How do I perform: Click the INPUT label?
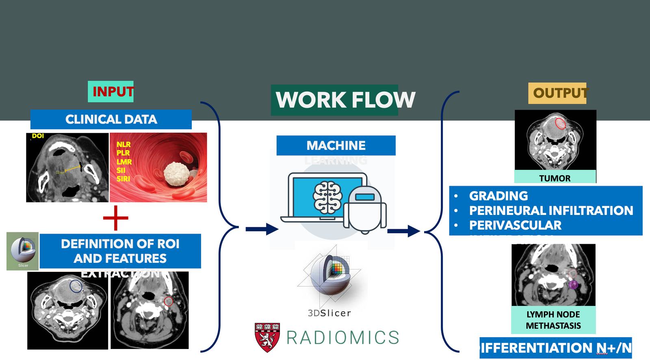(x=111, y=92)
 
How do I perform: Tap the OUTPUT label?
(x=558, y=93)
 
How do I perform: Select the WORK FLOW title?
(x=345, y=100)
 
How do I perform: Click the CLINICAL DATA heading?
(x=111, y=119)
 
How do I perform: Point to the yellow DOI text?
(x=38, y=136)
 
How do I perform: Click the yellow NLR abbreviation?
(x=123, y=144)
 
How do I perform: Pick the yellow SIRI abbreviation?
(x=123, y=179)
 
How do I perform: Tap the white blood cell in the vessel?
(x=177, y=174)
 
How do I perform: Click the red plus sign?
(x=116, y=218)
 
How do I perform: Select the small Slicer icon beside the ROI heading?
(x=23, y=251)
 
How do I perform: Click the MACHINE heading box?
(x=336, y=145)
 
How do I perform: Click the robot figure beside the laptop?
(x=365, y=209)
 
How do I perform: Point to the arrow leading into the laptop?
(x=262, y=229)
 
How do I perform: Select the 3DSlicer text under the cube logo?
(x=329, y=313)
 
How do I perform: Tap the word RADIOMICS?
(x=343, y=338)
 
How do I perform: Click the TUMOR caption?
(x=555, y=178)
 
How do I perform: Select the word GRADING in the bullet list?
(x=498, y=196)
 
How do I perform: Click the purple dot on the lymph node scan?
(x=573, y=284)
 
